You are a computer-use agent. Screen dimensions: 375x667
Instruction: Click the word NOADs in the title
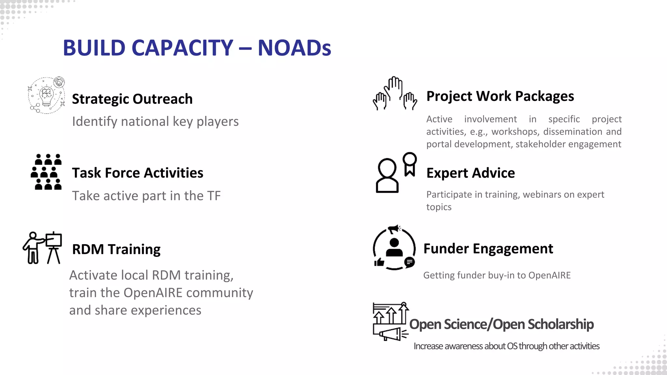(x=294, y=48)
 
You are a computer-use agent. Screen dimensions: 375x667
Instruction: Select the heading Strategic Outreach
(x=132, y=99)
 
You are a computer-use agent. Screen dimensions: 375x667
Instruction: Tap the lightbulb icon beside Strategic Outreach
(x=46, y=96)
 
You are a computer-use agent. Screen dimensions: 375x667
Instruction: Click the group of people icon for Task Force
(x=47, y=172)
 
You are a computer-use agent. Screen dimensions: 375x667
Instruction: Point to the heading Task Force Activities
(x=137, y=173)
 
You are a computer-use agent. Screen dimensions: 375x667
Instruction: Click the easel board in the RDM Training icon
(x=54, y=241)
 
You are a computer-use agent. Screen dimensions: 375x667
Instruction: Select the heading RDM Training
(x=116, y=249)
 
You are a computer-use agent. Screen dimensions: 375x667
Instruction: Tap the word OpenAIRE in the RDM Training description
(x=153, y=293)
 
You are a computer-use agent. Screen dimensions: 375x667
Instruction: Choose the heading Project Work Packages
(x=500, y=96)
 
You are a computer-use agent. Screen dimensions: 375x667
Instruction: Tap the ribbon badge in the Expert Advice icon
(x=410, y=164)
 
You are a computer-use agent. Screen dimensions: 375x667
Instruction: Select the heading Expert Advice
(x=470, y=173)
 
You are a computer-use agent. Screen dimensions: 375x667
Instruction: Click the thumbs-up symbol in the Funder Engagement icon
(x=379, y=262)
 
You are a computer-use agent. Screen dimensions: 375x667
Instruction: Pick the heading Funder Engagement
(x=488, y=249)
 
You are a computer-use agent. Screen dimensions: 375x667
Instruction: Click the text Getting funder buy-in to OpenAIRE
(x=497, y=275)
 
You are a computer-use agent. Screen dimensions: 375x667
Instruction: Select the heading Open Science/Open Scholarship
(x=501, y=324)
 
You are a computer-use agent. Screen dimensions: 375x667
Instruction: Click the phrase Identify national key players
(x=155, y=121)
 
